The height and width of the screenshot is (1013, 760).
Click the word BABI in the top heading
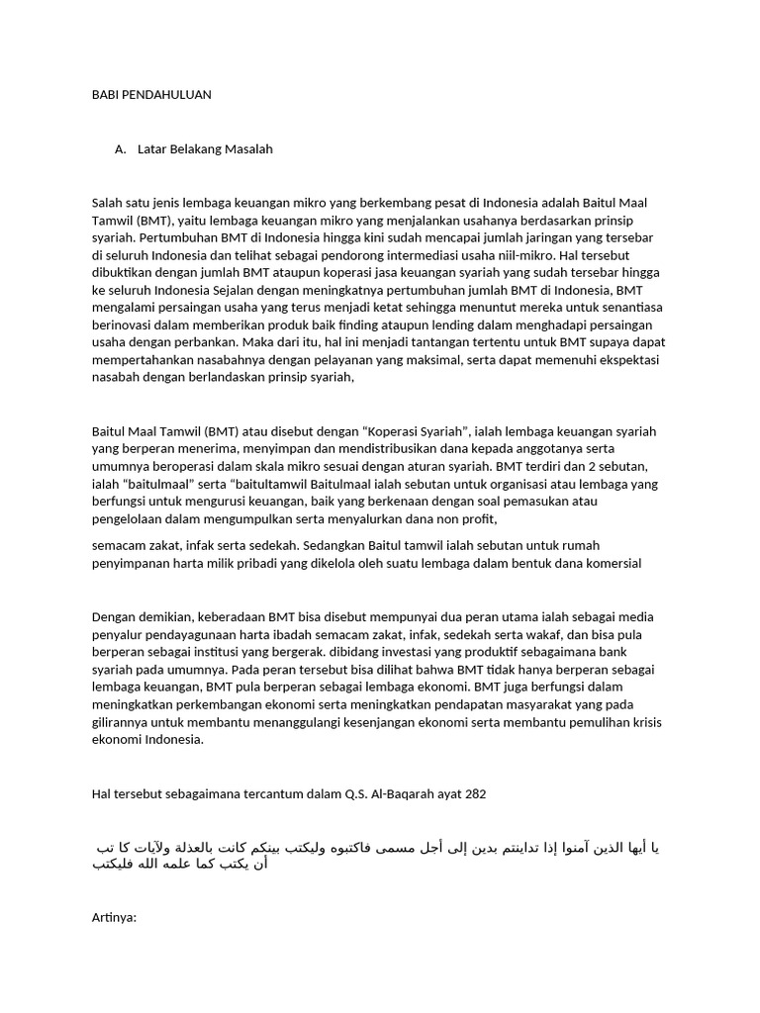104,95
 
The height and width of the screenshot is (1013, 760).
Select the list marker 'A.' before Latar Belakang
121,149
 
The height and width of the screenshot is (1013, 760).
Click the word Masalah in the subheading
248,149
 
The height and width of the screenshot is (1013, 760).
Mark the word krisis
643,722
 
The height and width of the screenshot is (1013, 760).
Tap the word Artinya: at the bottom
114,917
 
